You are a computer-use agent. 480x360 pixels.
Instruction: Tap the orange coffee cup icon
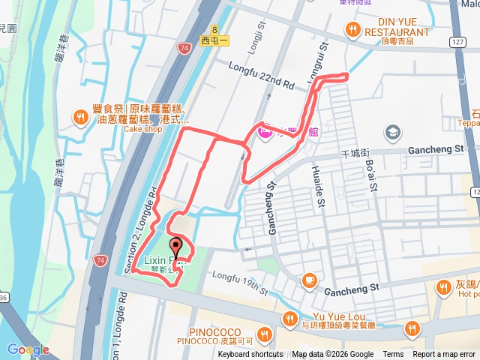(x=308, y=280)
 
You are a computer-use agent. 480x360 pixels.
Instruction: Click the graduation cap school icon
(x=392, y=133)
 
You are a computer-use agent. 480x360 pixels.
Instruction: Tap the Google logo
(x=28, y=349)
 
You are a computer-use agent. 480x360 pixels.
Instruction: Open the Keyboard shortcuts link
(x=250, y=355)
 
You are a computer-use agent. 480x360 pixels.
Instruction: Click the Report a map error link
(x=445, y=355)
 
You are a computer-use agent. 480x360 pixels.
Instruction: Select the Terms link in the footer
(x=393, y=355)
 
